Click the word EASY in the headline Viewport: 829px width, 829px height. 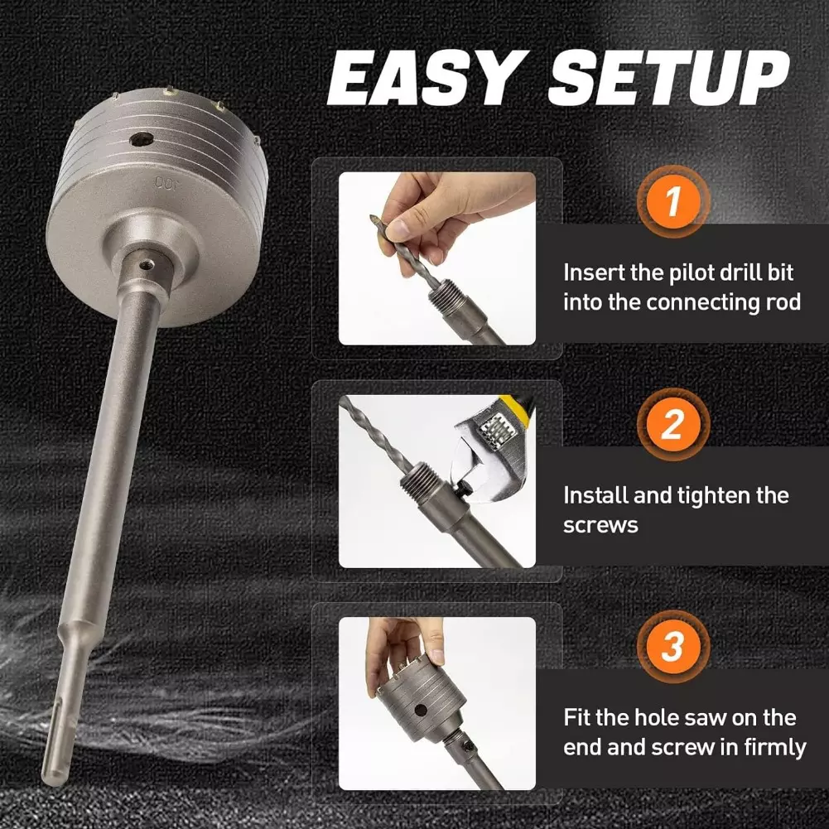point(429,77)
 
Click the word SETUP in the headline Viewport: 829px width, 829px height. point(670,77)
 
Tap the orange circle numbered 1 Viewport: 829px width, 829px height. point(672,201)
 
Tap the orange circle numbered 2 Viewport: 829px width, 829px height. point(672,424)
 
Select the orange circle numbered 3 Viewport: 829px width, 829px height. point(672,646)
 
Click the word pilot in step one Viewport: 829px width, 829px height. point(688,272)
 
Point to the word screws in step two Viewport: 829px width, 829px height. point(600,526)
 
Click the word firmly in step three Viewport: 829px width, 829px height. point(775,748)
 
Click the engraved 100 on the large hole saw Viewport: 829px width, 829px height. point(167,184)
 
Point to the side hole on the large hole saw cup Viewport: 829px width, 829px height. point(142,140)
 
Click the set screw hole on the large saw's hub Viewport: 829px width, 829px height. point(147,264)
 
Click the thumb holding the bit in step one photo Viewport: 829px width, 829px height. point(401,228)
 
